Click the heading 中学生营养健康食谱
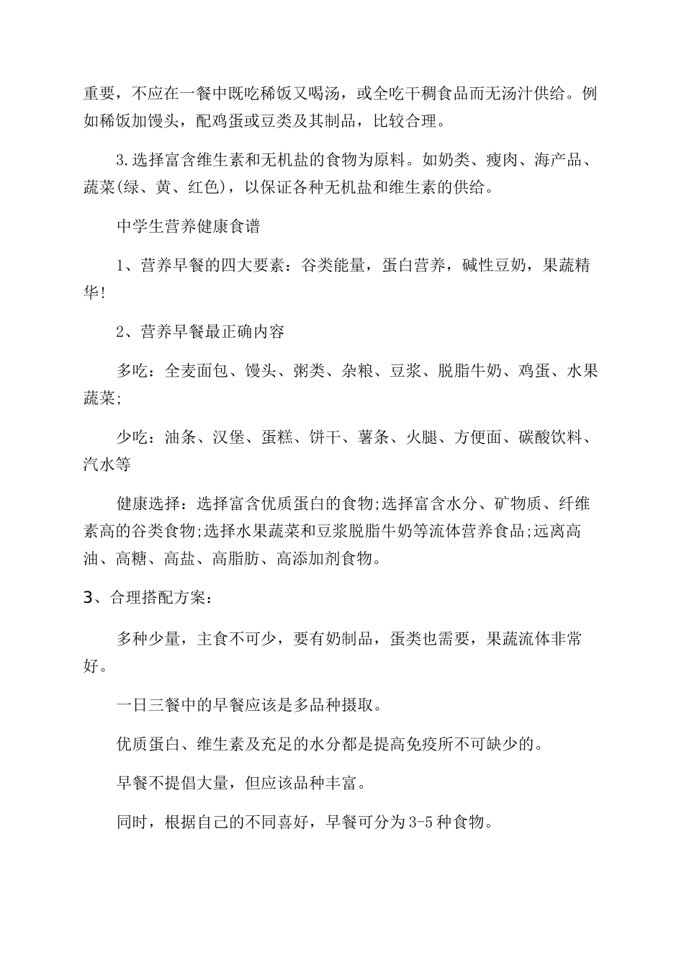(x=188, y=226)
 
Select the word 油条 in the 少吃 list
(x=181, y=437)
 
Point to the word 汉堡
(x=229, y=437)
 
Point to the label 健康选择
(x=148, y=503)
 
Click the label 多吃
(x=132, y=371)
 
